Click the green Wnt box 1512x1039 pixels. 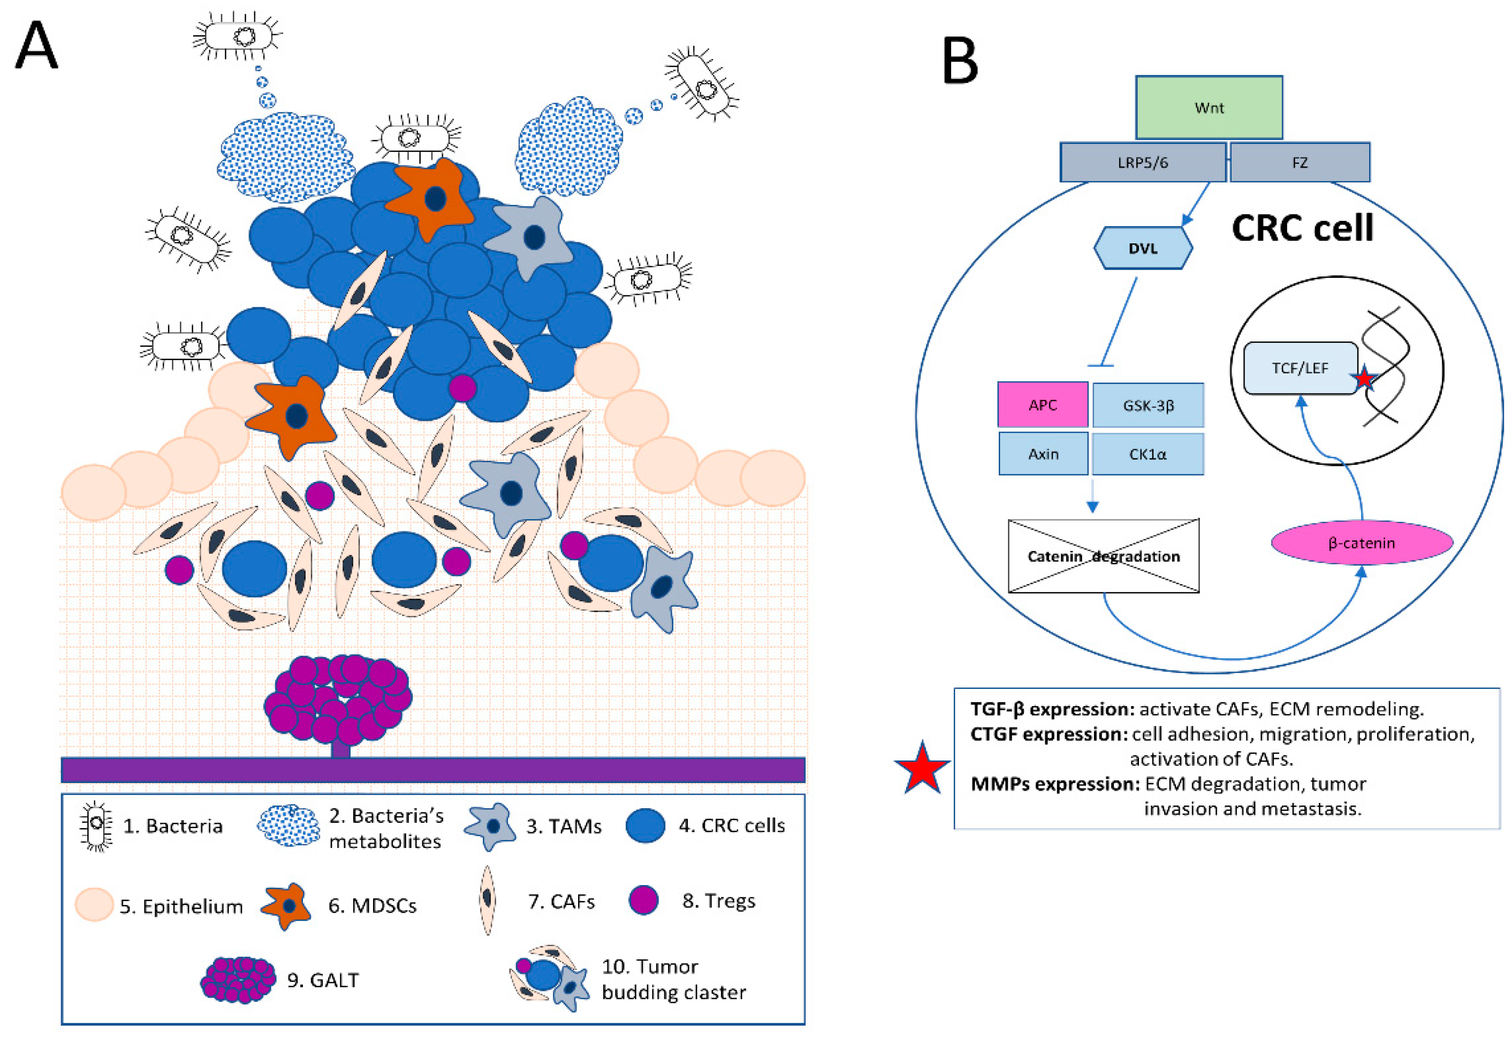pyautogui.click(x=1209, y=107)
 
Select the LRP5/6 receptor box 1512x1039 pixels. pyautogui.click(x=1143, y=162)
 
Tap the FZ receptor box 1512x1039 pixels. pyautogui.click(x=1299, y=162)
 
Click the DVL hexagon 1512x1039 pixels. pyautogui.click(x=1143, y=248)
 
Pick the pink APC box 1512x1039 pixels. pyautogui.click(x=1042, y=405)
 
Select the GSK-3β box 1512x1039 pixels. pyautogui.click(x=1148, y=405)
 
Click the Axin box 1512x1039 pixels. pyautogui.click(x=1043, y=454)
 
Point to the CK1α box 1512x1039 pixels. pyautogui.click(x=1148, y=454)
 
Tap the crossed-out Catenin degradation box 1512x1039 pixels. pyautogui.click(x=1103, y=556)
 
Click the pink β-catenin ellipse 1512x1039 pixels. pyautogui.click(x=1362, y=543)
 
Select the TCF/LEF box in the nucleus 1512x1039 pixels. pyautogui.click(x=1300, y=368)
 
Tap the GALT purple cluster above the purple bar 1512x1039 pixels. pyautogui.click(x=337, y=699)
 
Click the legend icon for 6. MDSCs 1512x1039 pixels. pyautogui.click(x=287, y=906)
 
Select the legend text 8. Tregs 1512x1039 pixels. pyautogui.click(x=718, y=901)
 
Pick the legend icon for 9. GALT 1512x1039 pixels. pyautogui.click(x=238, y=979)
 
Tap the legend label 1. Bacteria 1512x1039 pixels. pyautogui.click(x=173, y=826)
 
